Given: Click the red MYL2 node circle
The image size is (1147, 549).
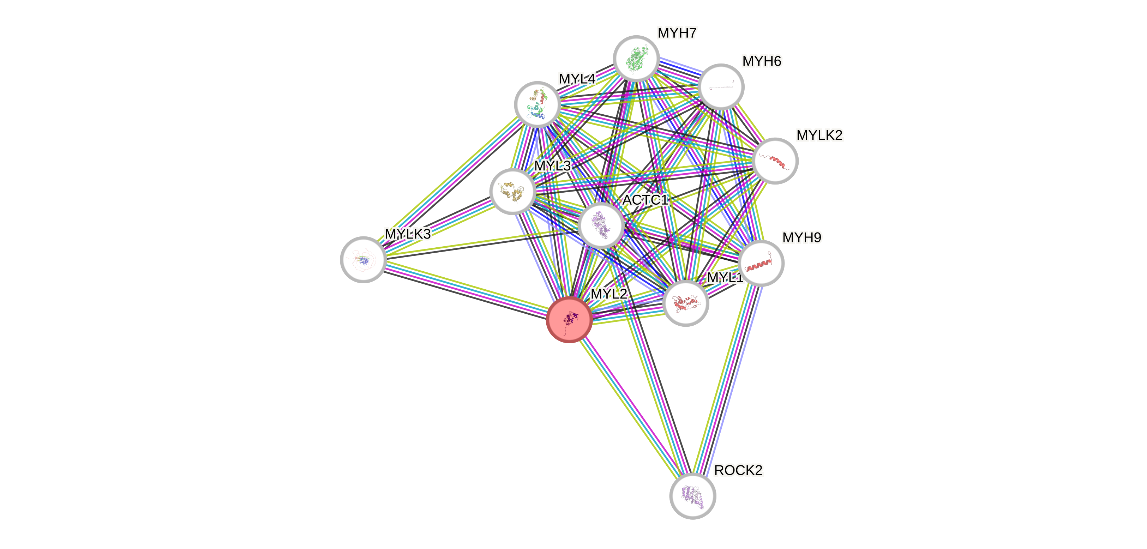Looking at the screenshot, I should [x=569, y=319].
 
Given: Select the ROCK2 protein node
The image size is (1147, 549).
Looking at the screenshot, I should [x=692, y=496].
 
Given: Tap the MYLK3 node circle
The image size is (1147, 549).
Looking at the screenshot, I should [x=363, y=260].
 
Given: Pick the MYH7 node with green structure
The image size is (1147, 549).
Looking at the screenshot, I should [x=636, y=59].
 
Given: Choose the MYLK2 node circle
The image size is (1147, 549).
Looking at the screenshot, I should [x=775, y=161].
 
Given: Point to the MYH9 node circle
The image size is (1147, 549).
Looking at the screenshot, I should [x=761, y=263].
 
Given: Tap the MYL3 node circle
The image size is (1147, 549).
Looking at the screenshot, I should [x=512, y=192].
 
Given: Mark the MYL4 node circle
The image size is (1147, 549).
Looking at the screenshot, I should [x=537, y=104].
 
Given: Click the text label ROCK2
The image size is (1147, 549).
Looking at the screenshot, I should [x=738, y=470].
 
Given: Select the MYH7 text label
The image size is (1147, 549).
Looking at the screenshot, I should [x=677, y=33].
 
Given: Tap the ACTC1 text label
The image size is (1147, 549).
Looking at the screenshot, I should [x=645, y=200].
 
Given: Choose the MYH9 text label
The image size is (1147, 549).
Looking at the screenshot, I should [x=801, y=238].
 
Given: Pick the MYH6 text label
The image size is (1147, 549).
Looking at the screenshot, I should [x=761, y=61].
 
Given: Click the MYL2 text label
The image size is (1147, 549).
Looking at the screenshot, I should [x=609, y=294].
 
